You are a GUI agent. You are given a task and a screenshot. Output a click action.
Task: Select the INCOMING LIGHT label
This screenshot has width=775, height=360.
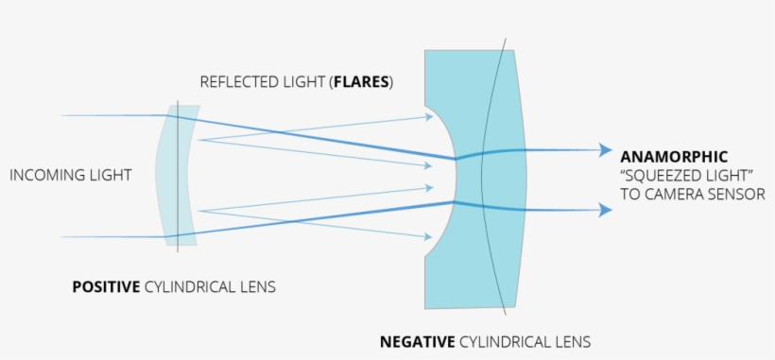click(70, 175)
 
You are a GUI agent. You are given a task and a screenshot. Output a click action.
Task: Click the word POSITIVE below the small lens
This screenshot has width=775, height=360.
click(107, 286)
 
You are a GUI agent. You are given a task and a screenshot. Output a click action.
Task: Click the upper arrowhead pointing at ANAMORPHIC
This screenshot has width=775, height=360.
click(605, 149)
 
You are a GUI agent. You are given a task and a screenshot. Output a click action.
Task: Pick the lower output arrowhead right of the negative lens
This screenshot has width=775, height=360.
click(605, 211)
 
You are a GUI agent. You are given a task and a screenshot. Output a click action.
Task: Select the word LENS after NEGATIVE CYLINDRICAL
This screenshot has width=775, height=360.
click(572, 341)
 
